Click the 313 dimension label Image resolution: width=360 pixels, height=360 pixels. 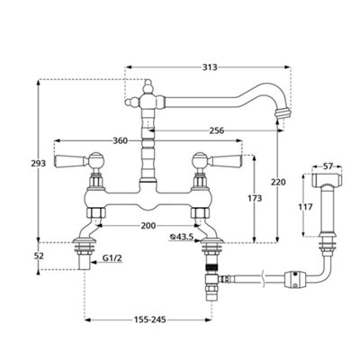[210, 67]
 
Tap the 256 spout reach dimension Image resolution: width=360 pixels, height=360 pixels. [217, 130]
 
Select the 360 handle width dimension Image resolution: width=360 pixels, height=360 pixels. [120, 140]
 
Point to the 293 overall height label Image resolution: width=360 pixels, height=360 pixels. [39, 164]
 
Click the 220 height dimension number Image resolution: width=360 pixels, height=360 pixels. [278, 182]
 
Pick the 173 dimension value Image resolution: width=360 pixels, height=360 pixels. [255, 198]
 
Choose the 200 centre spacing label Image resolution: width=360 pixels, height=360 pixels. [148, 226]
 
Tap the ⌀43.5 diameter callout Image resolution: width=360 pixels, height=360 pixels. [181, 237]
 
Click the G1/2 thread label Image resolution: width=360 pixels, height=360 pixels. [112, 257]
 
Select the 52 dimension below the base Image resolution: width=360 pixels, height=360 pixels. [39, 256]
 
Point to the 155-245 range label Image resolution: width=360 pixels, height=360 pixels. [149, 320]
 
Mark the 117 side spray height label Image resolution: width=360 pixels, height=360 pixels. [305, 207]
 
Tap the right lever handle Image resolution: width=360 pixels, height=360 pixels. [227, 161]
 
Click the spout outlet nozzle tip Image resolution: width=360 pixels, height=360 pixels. [282, 113]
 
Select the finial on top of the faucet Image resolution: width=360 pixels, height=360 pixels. [148, 86]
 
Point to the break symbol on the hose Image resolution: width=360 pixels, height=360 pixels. [264, 278]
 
